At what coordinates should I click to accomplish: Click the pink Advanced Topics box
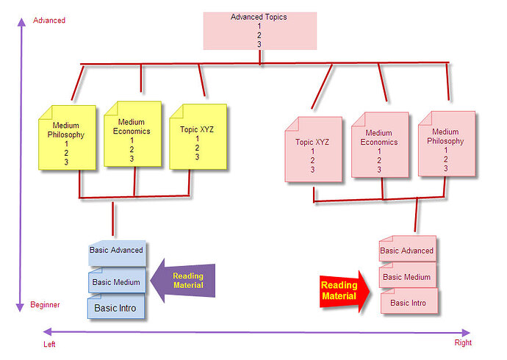260,31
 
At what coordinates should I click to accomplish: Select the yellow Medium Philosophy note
67,137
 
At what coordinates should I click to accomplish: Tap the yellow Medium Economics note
132,134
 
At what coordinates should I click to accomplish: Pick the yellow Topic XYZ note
198,137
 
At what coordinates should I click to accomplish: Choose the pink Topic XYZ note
313,150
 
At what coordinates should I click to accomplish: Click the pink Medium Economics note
380,145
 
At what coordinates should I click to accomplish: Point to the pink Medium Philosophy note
447,144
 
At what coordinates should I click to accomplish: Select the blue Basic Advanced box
117,253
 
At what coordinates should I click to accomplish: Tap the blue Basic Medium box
117,280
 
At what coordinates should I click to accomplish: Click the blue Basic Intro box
116,306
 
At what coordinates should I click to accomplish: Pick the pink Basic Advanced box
407,248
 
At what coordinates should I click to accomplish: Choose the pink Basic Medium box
407,275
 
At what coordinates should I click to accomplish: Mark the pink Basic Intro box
409,301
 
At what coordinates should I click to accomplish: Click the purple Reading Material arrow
183,281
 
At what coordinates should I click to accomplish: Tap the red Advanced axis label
49,21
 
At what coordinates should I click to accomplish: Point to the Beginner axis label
45,305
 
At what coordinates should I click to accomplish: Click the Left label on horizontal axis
49,345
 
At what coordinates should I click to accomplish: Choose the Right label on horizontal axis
463,342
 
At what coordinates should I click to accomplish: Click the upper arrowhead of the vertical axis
21,22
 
